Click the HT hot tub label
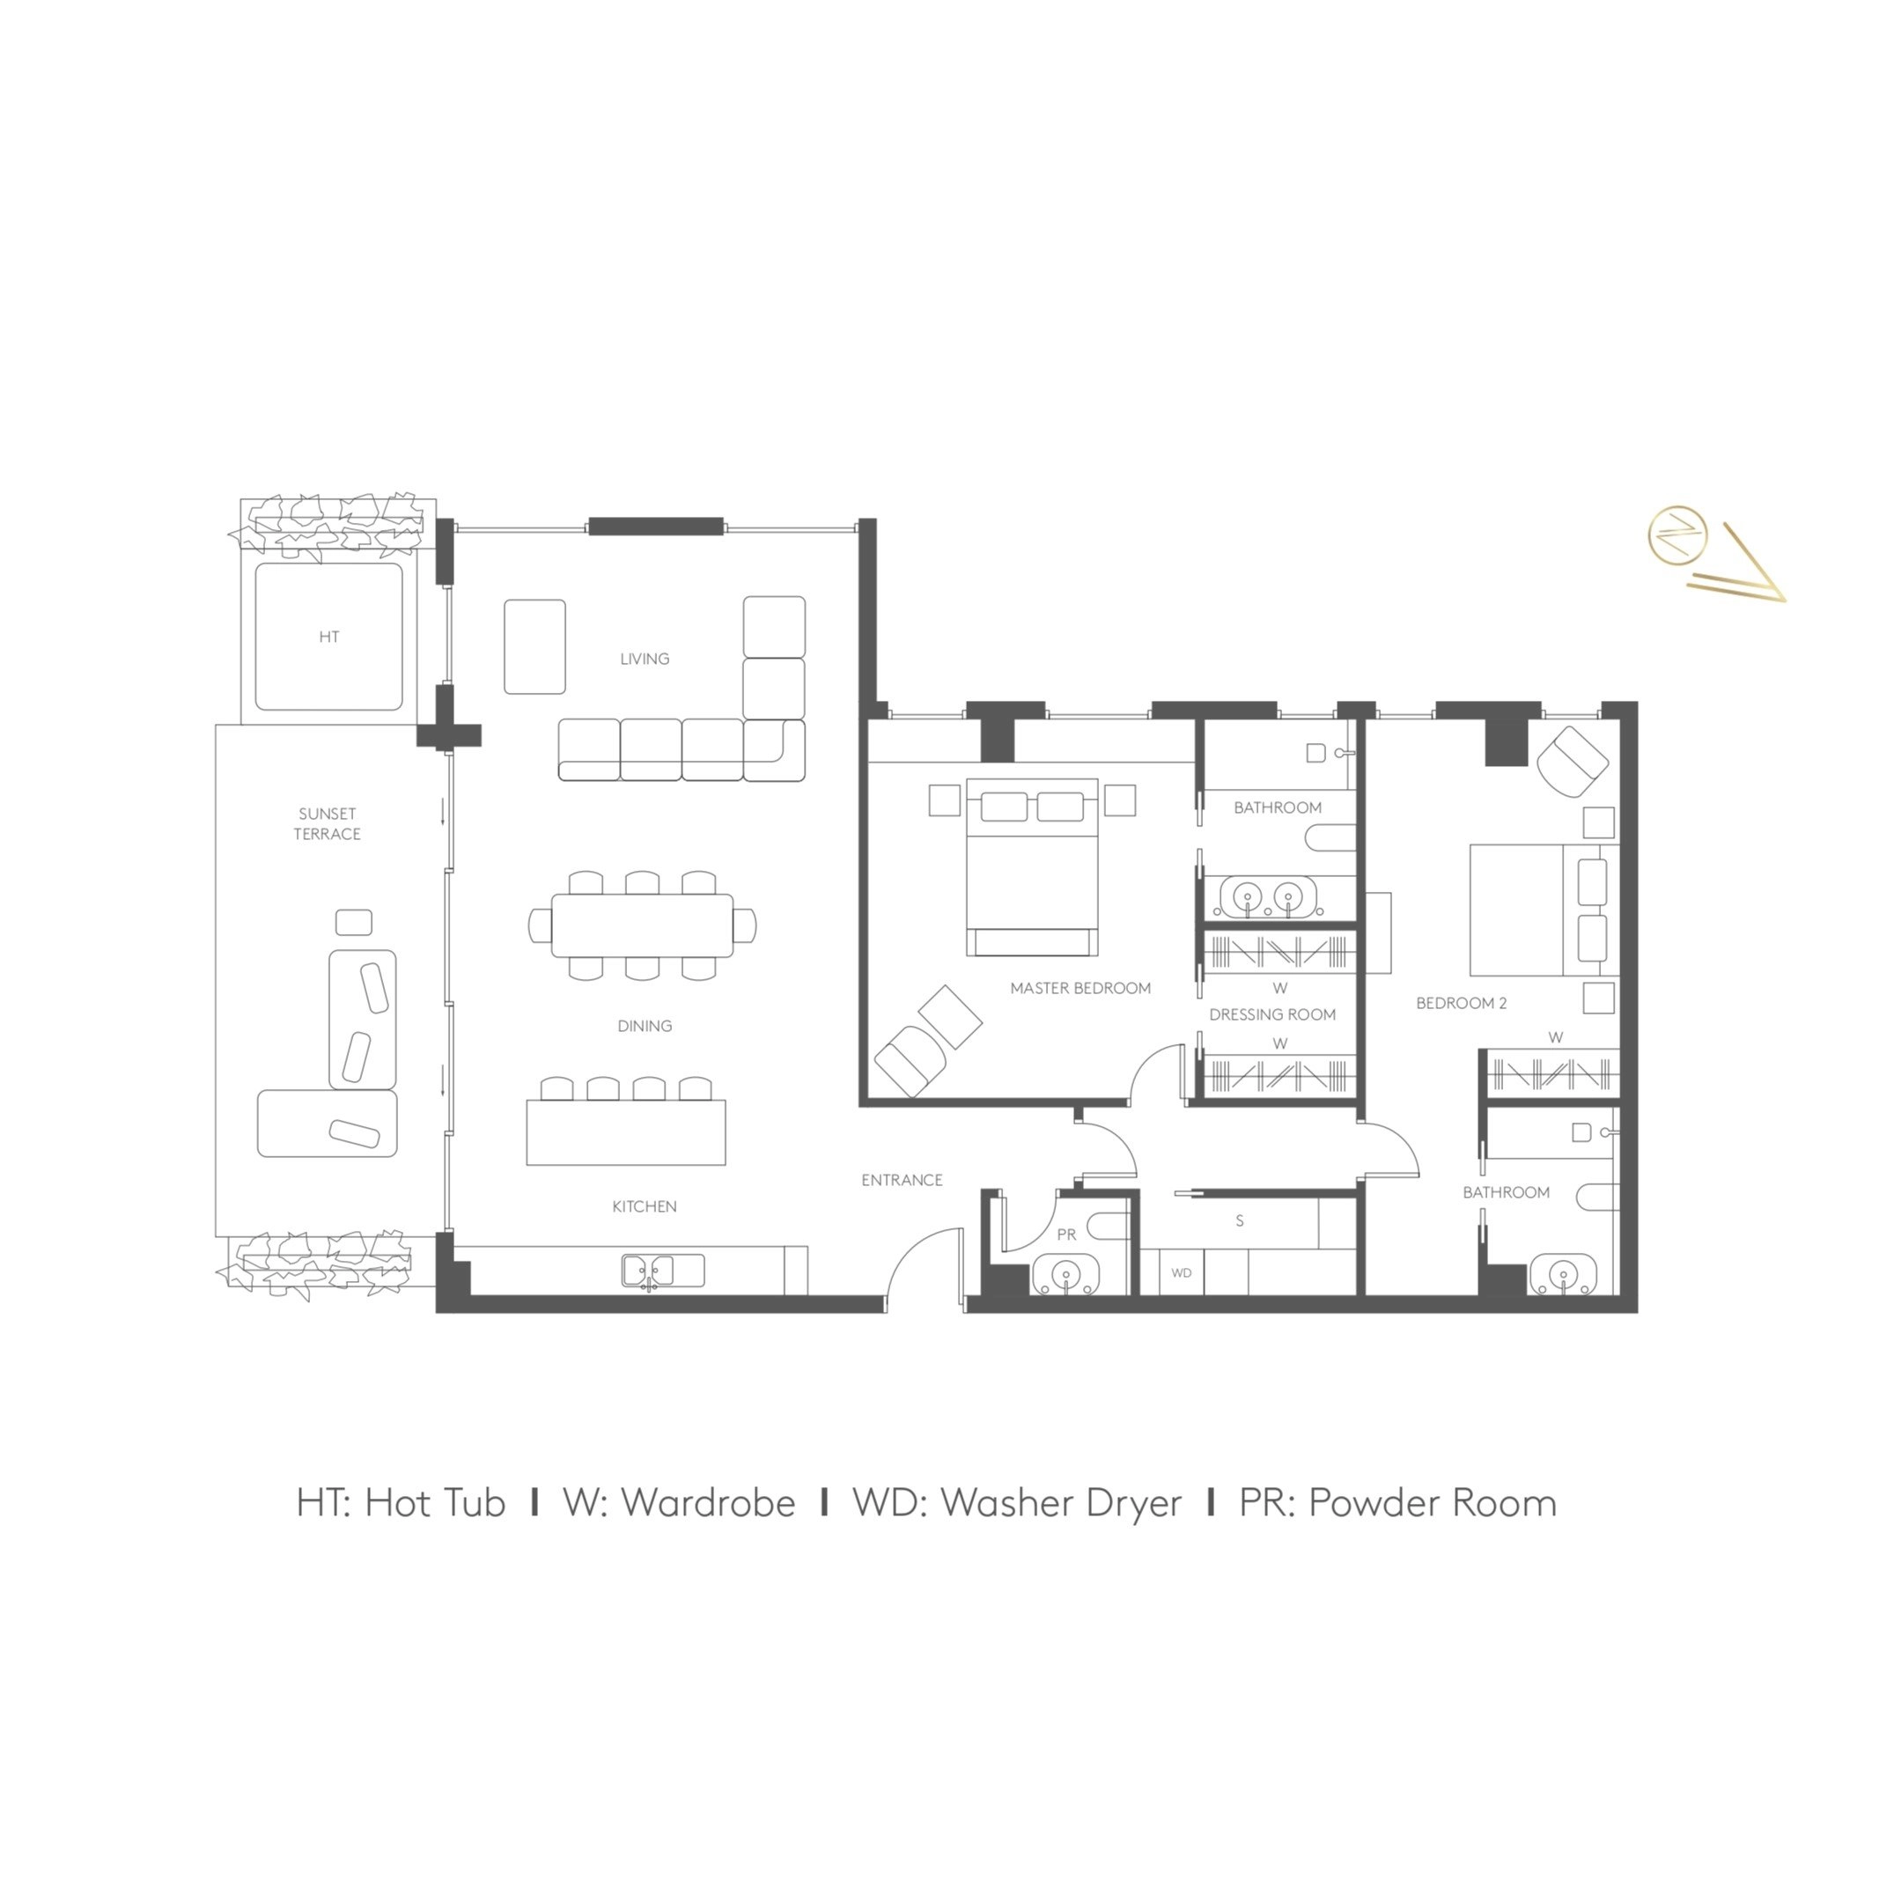tap(329, 637)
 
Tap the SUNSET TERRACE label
tap(328, 823)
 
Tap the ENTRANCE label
tap(902, 1180)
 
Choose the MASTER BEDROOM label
tap(1080, 988)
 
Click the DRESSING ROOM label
tap(1272, 1014)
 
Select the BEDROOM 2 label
tap(1462, 1003)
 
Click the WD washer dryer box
tap(1182, 1272)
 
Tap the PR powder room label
tap(1066, 1235)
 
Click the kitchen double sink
tap(649, 1271)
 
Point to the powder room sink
tap(1066, 1278)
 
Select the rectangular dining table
tap(642, 925)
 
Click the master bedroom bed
tap(1032, 867)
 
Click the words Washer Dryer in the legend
tap(1062, 1503)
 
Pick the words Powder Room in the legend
tap(1433, 1503)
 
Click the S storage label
tap(1240, 1220)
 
